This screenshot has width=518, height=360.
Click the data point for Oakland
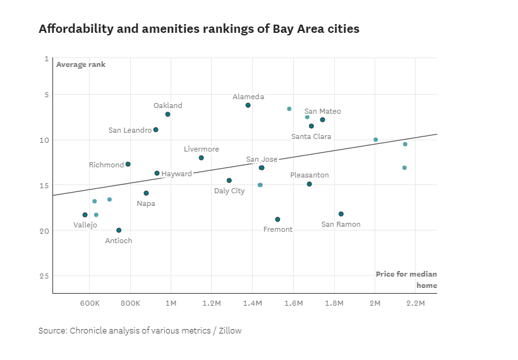click(167, 114)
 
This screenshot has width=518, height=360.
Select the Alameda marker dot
click(248, 105)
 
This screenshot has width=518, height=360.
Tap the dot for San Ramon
click(341, 214)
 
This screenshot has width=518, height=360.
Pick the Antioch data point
click(119, 231)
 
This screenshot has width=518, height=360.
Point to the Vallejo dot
click(85, 215)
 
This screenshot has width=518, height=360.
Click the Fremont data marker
click(277, 220)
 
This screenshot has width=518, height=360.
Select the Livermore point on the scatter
click(202, 158)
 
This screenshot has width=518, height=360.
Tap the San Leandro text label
click(130, 130)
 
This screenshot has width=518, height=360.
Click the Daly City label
click(229, 191)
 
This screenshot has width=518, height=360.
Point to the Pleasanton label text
click(310, 175)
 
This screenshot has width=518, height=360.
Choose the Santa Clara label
click(311, 136)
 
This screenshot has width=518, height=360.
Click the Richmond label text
click(106, 165)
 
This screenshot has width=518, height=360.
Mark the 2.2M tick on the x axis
click(416, 304)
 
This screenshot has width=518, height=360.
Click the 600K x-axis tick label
click(89, 304)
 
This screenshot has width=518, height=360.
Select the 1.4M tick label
click(252, 304)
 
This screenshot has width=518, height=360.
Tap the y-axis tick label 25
click(44, 276)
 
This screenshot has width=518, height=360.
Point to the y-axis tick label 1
click(46, 59)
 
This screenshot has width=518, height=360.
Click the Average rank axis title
click(81, 64)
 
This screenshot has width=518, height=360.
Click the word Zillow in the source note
click(229, 330)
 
